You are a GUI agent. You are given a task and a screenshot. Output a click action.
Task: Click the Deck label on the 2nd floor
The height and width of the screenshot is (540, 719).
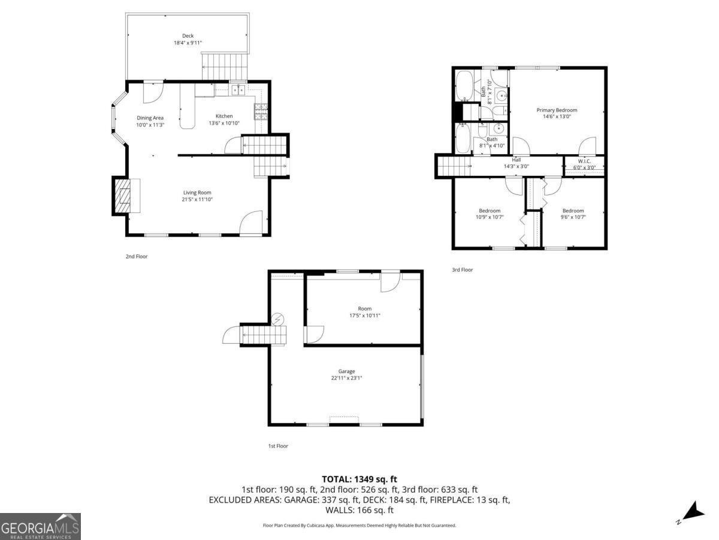[188, 36]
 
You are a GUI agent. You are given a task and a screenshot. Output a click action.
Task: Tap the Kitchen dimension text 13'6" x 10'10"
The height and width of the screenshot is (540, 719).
[224, 123]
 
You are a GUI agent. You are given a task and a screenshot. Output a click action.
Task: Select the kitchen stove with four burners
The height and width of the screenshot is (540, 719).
[261, 112]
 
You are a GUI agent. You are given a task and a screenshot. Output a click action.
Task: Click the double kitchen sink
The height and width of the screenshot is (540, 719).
[238, 89]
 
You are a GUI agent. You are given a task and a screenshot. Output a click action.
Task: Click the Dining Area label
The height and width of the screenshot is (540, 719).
[150, 118]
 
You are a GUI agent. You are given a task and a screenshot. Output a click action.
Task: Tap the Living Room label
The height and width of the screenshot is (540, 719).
[197, 193]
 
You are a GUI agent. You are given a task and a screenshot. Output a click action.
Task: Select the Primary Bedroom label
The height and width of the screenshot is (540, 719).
[557, 110]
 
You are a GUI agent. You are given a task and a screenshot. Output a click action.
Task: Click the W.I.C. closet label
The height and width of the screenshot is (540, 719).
[584, 161]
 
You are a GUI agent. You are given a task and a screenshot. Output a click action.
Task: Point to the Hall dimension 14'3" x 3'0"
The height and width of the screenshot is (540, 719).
[516, 166]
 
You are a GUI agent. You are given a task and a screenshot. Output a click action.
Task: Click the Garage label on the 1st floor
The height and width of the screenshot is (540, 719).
[346, 371]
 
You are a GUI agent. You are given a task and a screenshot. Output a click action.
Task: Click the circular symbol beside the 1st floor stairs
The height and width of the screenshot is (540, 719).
[278, 319]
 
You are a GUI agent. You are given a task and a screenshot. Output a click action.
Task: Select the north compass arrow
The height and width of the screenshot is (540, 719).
[696, 519]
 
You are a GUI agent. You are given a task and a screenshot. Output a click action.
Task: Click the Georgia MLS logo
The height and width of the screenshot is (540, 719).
[40, 526]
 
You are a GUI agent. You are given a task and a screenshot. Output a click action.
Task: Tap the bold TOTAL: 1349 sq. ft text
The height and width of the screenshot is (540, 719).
[359, 479]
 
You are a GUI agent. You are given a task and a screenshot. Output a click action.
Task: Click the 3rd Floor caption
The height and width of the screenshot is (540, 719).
[462, 270]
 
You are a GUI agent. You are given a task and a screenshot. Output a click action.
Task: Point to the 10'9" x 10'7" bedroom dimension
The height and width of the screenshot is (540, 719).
[490, 217]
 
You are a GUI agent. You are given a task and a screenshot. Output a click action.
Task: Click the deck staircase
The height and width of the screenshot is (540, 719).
[224, 66]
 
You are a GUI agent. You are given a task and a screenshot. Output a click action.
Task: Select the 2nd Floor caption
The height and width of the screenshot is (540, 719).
[137, 256]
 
